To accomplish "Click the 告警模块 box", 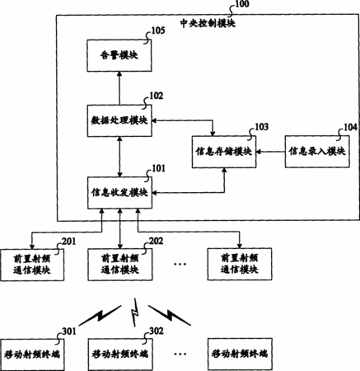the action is pyautogui.click(x=119, y=56).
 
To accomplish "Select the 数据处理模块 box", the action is pyautogui.click(x=119, y=120).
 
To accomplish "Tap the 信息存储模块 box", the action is pyautogui.click(x=224, y=152).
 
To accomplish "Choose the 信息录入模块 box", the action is pyautogui.click(x=317, y=152).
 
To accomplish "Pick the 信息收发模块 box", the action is pyautogui.click(x=119, y=193).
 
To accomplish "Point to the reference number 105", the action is pyautogui.click(x=158, y=31).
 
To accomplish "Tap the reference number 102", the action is pyautogui.click(x=157, y=96).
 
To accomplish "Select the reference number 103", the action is pyautogui.click(x=262, y=127).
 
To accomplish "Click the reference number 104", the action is pyautogui.click(x=351, y=127).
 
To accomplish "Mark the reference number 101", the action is pyautogui.click(x=158, y=168).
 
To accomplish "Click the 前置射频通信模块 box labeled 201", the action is pyautogui.click(x=32, y=265).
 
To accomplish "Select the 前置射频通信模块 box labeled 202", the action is pyautogui.click(x=120, y=265).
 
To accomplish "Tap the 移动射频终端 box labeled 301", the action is pyautogui.click(x=32, y=355).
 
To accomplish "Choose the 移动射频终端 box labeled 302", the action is pyautogui.click(x=120, y=355).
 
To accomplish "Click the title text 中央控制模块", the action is pyautogui.click(x=208, y=23).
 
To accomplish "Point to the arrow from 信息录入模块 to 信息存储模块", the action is pyautogui.click(x=271, y=152).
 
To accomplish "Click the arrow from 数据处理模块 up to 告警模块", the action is pyautogui.click(x=119, y=88).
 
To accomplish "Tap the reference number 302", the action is pyautogui.click(x=157, y=331).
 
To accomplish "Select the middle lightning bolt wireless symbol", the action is pyautogui.click(x=134, y=312).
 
